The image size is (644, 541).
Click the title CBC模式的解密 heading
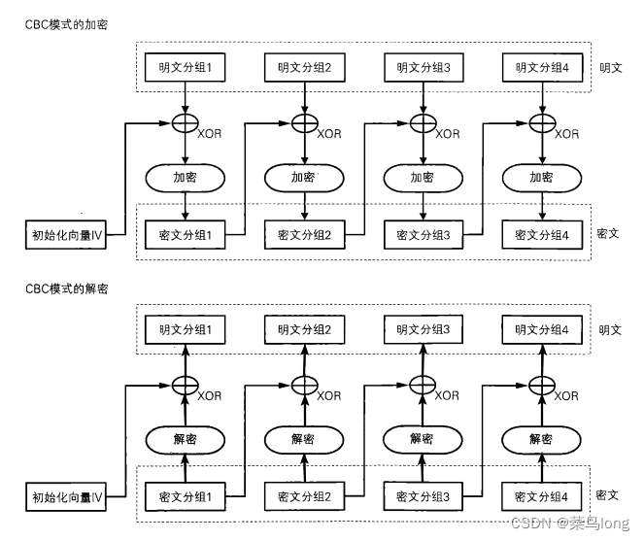pyautogui.click(x=67, y=288)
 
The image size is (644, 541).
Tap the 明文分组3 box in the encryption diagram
pyautogui.click(x=422, y=68)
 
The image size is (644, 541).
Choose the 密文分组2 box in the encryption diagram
pyautogui.click(x=304, y=234)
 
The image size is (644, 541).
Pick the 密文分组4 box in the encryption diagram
pyautogui.click(x=541, y=234)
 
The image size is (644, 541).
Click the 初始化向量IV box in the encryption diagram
pyautogui.click(x=66, y=234)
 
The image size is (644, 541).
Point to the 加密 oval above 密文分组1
pyautogui.click(x=185, y=178)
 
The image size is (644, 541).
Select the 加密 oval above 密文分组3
pyautogui.click(x=422, y=179)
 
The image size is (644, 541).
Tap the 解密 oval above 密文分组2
pyautogui.click(x=304, y=438)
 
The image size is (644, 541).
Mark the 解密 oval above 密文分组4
pyautogui.click(x=541, y=438)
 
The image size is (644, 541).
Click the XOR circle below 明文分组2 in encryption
pyautogui.click(x=304, y=124)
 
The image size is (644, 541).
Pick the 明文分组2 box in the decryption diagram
pyautogui.click(x=304, y=330)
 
